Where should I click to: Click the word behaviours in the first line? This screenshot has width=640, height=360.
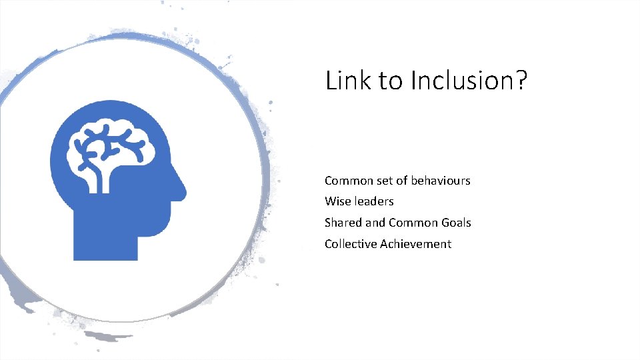(441, 181)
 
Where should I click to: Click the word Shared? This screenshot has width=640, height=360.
(343, 223)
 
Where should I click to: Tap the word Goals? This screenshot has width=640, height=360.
(456, 223)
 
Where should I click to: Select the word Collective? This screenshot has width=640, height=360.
(351, 244)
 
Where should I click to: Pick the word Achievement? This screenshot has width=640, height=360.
(416, 244)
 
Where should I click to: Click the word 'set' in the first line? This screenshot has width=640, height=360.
(385, 181)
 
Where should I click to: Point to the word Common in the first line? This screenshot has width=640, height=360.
(349, 181)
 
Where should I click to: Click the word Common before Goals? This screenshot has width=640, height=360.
(413, 223)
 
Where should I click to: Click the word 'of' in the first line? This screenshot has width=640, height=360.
(402, 181)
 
